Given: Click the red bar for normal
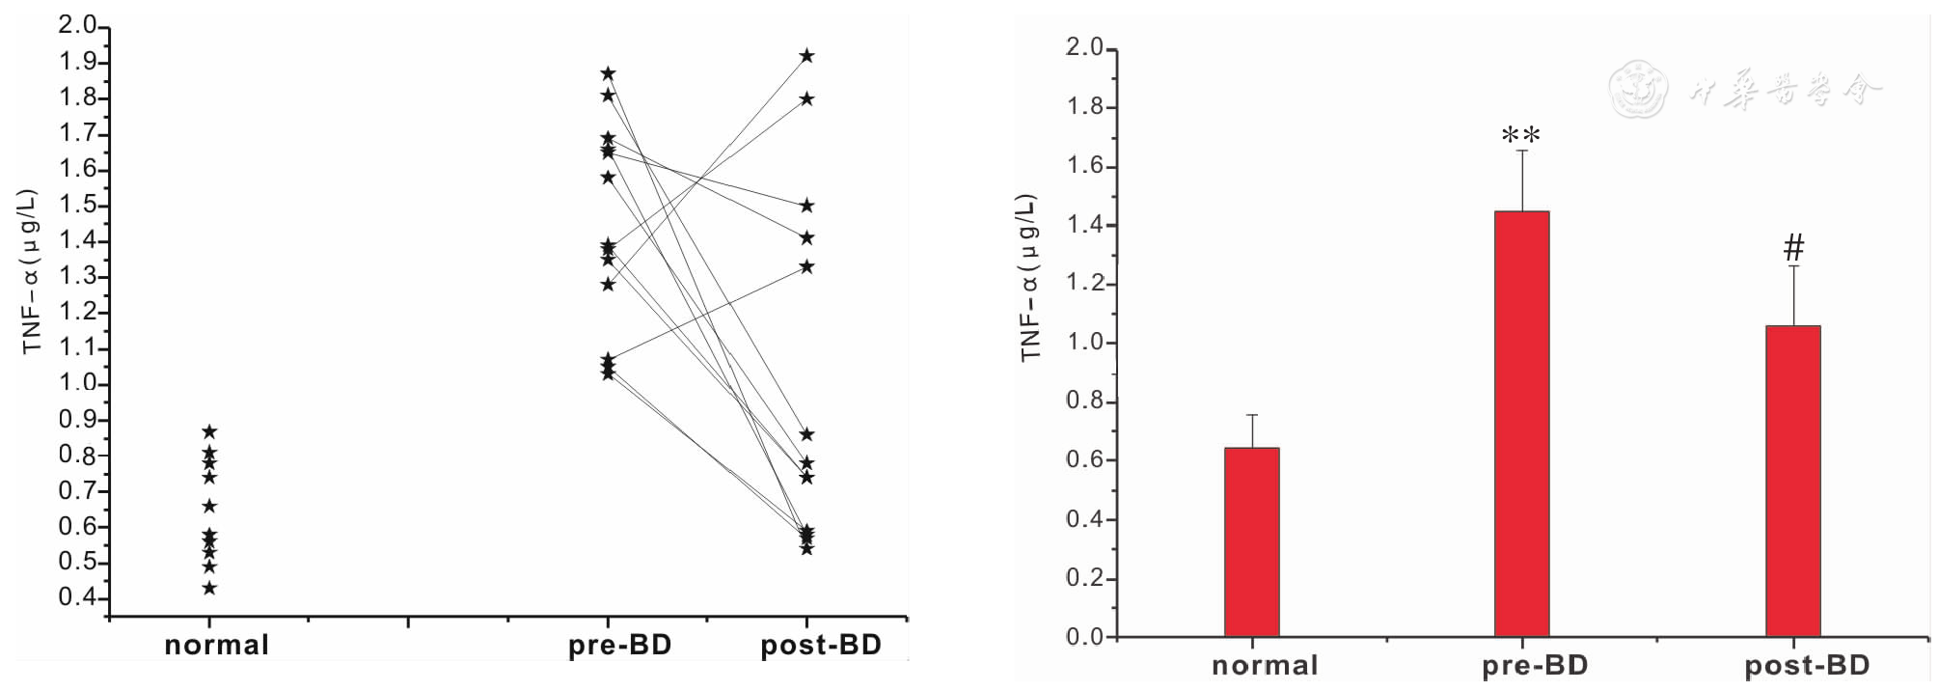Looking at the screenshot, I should (1251, 541).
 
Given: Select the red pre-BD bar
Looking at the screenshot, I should (1521, 424).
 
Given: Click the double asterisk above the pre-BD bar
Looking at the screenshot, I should (1521, 136).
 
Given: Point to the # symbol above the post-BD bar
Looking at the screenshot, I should (1793, 248).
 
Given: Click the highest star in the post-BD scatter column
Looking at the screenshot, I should (806, 56).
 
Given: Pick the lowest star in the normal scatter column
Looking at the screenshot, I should (209, 588).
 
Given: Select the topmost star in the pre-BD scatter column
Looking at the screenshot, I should (608, 73).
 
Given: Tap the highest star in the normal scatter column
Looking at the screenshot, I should (209, 431).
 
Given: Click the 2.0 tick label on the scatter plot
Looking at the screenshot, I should (77, 25).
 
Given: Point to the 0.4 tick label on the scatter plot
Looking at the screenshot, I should (77, 597).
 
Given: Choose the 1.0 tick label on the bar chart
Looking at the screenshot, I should (1084, 343).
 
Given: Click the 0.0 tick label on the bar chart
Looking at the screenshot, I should (1084, 637).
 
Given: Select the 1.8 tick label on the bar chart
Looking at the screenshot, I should (1084, 106).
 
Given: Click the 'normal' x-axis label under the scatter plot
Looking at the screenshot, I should (216, 645).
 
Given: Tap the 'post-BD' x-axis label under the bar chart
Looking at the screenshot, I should (1807, 665).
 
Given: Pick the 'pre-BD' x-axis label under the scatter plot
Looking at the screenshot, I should (619, 645).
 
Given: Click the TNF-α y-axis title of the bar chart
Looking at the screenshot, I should (1030, 278).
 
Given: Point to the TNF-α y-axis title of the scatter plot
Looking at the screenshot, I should (31, 271).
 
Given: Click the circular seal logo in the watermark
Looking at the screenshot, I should (1638, 90).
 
